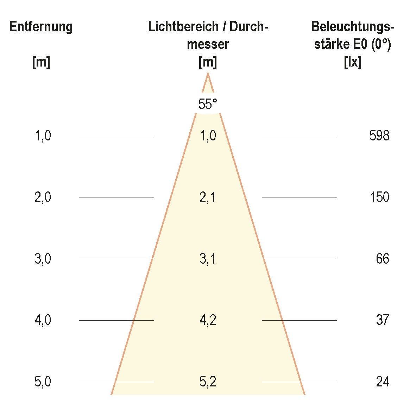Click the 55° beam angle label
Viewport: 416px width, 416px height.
coord(208,104)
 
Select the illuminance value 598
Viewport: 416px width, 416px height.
coord(379,135)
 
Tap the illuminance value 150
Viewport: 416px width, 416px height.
coord(379,197)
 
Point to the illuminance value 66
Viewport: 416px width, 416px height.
coord(382,259)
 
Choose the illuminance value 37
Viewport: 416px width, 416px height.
coord(382,320)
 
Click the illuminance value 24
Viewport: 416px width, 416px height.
coord(382,382)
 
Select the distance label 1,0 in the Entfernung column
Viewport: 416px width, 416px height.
coord(43,135)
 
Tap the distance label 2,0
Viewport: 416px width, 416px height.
coord(43,197)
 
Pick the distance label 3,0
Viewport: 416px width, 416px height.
coord(43,259)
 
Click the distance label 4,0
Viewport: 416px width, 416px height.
coord(43,320)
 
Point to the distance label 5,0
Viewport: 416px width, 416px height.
coord(43,382)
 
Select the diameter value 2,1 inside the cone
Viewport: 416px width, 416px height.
coord(208,197)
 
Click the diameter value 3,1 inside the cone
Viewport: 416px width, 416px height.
coord(208,259)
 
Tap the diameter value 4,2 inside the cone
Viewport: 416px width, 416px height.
coord(208,320)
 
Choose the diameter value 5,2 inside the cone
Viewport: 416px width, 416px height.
coord(208,382)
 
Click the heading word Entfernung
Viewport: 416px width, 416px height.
coord(41,27)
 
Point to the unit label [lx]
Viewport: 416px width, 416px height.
coord(352,63)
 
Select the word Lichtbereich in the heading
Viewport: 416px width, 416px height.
coord(182,27)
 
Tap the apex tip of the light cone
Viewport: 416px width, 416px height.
coord(208,74)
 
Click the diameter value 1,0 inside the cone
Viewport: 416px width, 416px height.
coord(208,135)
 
